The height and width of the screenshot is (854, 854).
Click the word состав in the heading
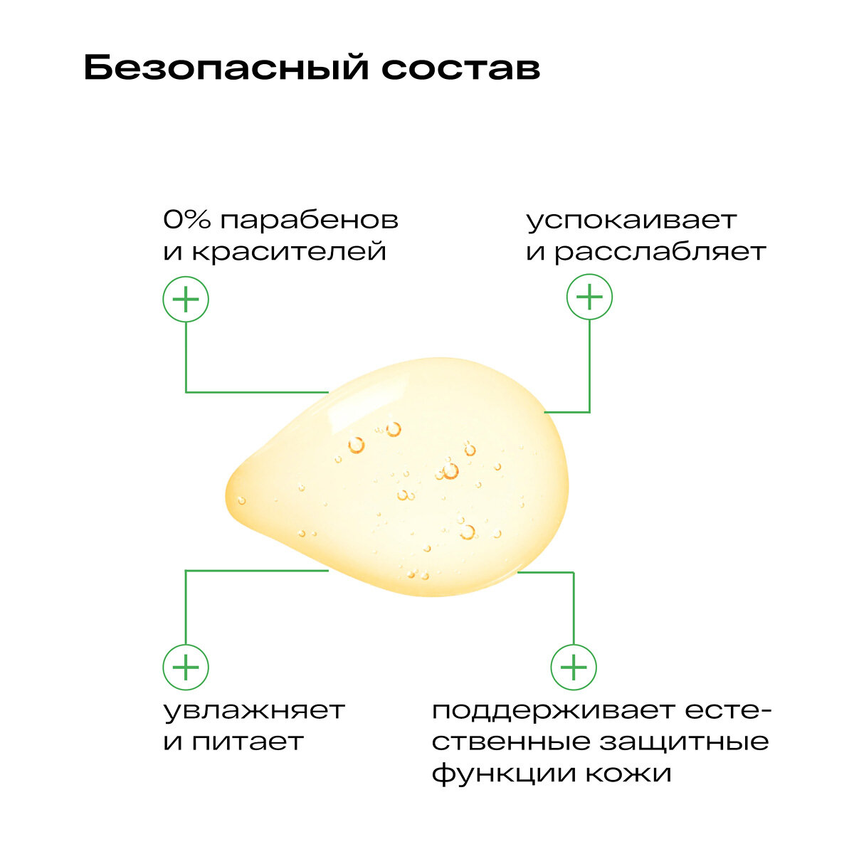tap(460, 69)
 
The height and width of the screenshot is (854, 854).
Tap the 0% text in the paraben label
tap(187, 219)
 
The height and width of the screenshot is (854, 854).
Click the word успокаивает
tap(631, 221)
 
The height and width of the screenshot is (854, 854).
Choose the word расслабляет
tap(660, 251)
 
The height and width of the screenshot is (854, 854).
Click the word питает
tap(248, 742)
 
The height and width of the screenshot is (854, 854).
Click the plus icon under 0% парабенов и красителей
tap(186, 300)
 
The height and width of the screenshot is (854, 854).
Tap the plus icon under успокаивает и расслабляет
tap(589, 297)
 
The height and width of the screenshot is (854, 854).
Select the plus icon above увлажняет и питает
tap(186, 668)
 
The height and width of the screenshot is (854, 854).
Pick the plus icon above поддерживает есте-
tap(574, 668)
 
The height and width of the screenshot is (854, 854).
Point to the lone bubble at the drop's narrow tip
tap(241, 500)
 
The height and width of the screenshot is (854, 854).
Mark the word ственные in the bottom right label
tap(511, 742)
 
